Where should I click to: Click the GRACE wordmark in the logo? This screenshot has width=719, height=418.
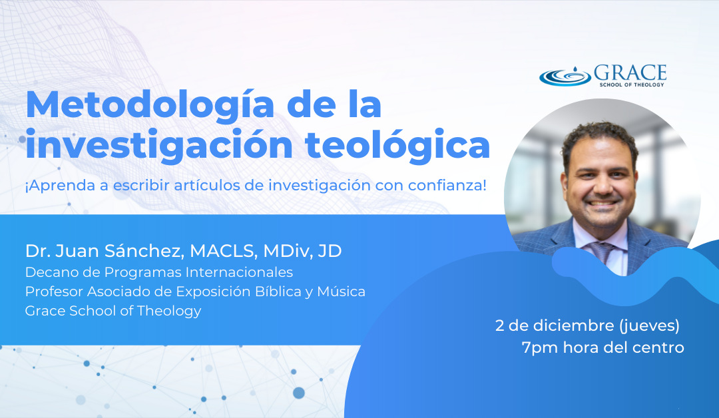point(630,73)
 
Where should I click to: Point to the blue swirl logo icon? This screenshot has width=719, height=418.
point(565,76)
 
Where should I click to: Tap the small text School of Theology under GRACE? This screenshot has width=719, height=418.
point(632,85)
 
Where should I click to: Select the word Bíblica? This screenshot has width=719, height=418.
point(278,292)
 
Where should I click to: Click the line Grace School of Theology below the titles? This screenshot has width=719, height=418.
point(113,311)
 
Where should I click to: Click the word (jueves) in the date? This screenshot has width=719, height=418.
point(649,326)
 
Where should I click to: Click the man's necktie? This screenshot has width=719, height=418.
point(601,252)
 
